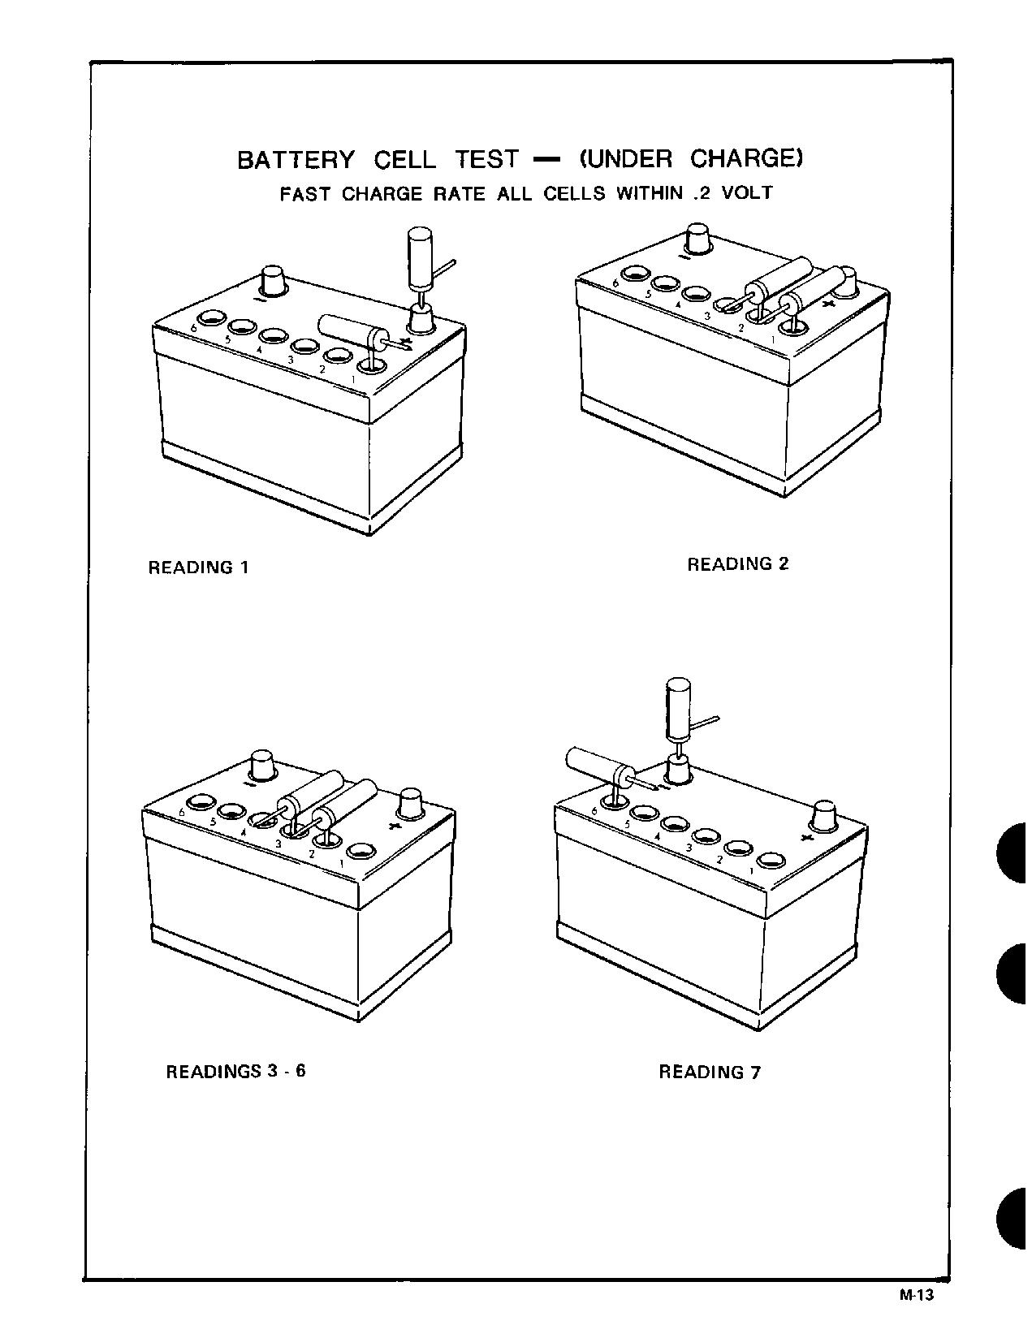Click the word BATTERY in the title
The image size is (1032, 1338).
pos(296,159)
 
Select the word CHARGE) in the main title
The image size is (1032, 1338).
pos(746,158)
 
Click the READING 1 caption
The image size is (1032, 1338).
pos(198,568)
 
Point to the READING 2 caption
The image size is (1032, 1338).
pos(737,564)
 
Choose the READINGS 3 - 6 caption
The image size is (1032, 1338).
pos(235,1071)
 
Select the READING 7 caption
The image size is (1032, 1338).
pos(709,1072)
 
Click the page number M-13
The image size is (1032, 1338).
pos(917,1295)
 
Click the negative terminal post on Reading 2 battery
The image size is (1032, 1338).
pos(697,239)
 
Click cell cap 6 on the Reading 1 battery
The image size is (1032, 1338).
pos(213,317)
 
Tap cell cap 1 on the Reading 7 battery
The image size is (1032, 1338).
pos(770,858)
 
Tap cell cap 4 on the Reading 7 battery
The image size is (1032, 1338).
pos(676,824)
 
